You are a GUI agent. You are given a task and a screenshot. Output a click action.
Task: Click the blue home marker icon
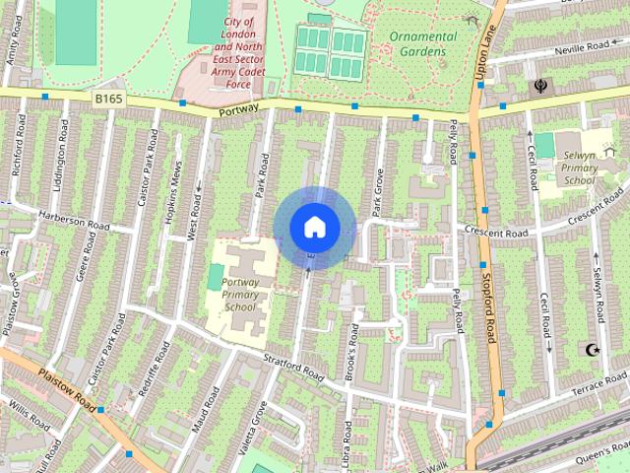(314, 227)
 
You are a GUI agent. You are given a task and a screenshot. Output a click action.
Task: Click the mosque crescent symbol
(592, 350)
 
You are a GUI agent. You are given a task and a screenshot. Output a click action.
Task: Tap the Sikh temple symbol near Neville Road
(541, 86)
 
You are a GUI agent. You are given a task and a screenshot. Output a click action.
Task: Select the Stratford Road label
(293, 370)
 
